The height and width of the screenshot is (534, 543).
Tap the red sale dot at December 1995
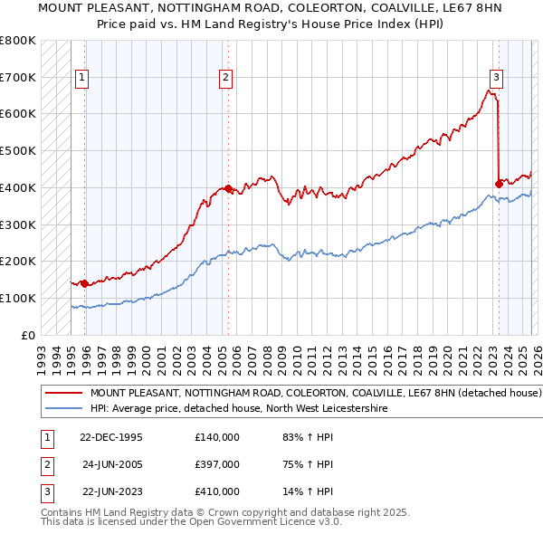[85, 283]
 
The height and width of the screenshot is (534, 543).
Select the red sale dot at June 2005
[228, 189]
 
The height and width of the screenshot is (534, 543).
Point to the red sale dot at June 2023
[499, 184]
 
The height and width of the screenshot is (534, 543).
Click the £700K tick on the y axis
[18, 78]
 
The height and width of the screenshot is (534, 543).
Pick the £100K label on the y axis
[18, 298]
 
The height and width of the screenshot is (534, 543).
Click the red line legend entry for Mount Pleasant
[315, 394]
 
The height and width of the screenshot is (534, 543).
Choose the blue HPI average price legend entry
[238, 409]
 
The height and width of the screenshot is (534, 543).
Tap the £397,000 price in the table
[217, 464]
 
